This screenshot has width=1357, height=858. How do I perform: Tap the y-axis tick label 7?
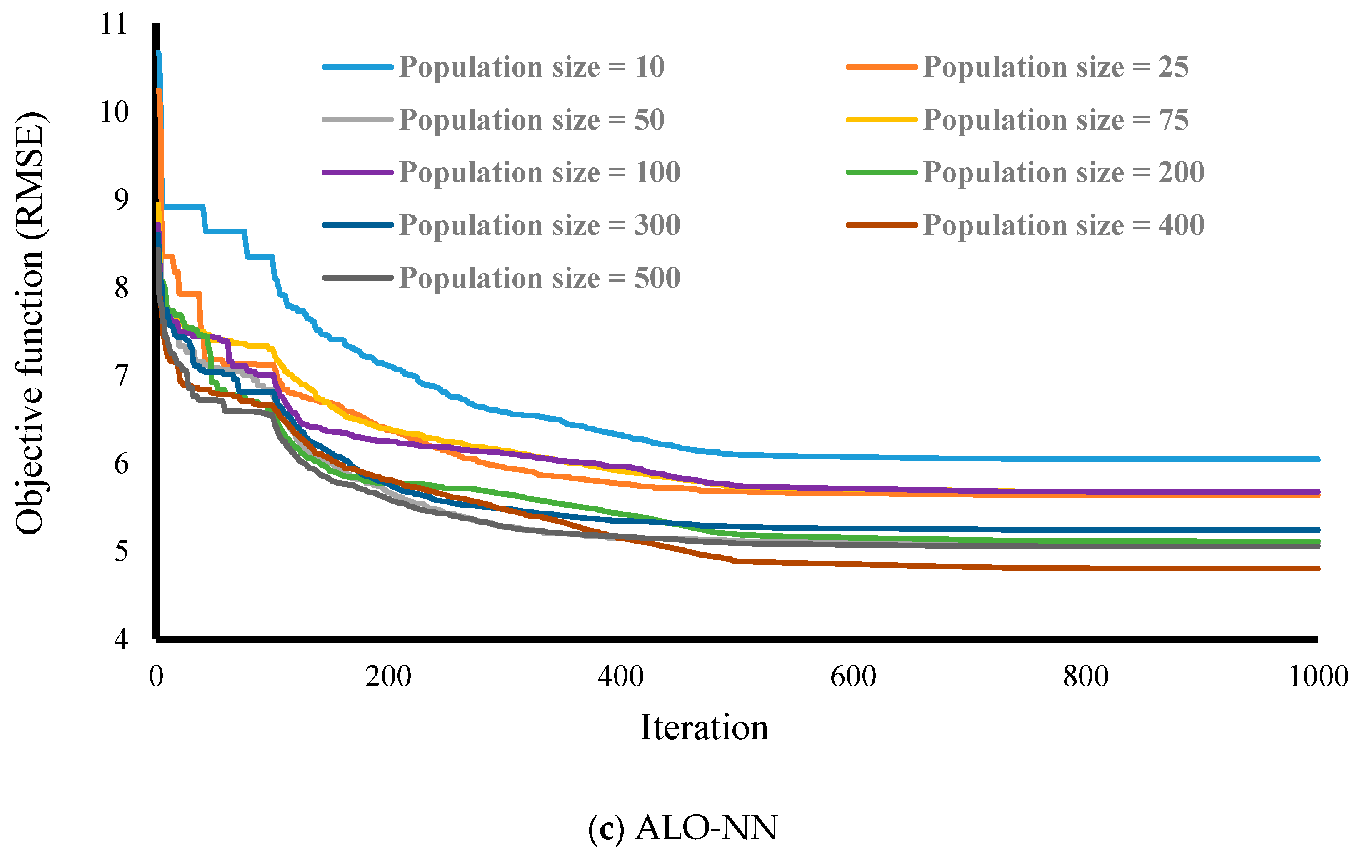tap(121, 376)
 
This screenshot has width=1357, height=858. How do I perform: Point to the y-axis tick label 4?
tap(121, 639)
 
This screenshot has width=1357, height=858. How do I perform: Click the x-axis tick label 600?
tap(853, 676)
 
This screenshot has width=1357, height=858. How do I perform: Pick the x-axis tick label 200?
tap(388, 676)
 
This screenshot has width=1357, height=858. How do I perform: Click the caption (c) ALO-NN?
tap(682, 828)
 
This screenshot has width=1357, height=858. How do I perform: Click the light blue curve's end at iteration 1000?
tap(1317, 459)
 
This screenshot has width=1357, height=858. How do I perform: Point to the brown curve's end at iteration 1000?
tap(1317, 569)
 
